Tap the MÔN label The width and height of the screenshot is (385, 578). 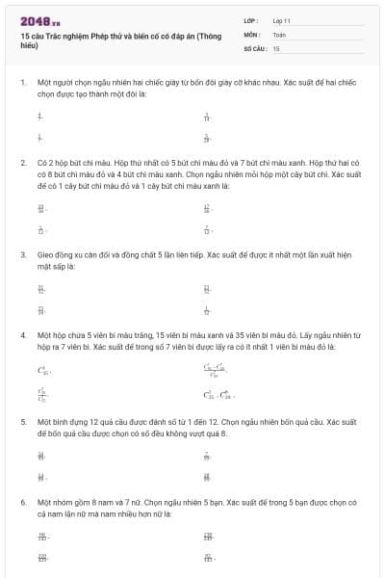click(252, 34)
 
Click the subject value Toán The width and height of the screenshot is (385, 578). click(279, 34)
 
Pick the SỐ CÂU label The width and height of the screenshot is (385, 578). click(255, 47)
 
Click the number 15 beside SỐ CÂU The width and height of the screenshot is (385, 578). click(276, 47)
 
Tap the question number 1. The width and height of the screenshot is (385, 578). click(22, 83)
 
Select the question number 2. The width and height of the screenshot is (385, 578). click(22, 164)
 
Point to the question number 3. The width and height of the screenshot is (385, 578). click(22, 254)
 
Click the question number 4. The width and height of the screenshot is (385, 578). click(22, 335)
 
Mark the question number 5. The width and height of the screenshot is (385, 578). click(22, 422)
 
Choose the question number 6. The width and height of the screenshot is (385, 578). click(22, 502)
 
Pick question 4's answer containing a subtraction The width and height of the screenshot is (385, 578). click(214, 370)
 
